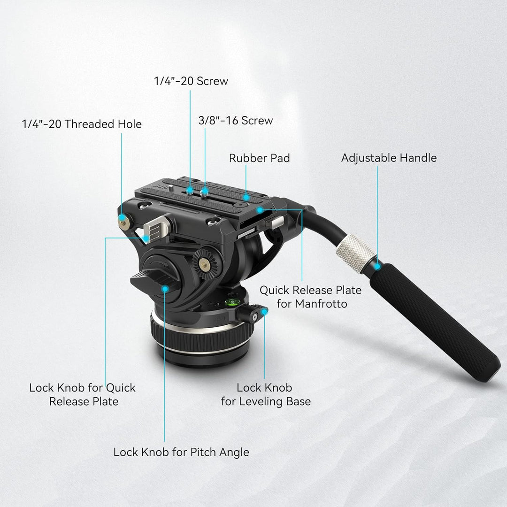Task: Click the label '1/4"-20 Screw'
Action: click(x=191, y=81)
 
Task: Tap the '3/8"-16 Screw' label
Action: click(x=236, y=120)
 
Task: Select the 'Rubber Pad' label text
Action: click(x=259, y=158)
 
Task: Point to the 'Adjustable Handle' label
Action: click(x=389, y=158)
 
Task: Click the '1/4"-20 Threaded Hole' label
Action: click(x=82, y=124)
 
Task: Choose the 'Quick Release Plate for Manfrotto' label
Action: click(x=311, y=297)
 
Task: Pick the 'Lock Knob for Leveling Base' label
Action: click(x=266, y=395)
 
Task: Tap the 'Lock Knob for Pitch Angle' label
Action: click(x=181, y=452)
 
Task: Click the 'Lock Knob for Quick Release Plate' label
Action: click(x=82, y=394)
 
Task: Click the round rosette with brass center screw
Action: click(x=204, y=263)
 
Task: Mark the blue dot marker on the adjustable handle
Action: click(x=377, y=267)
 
